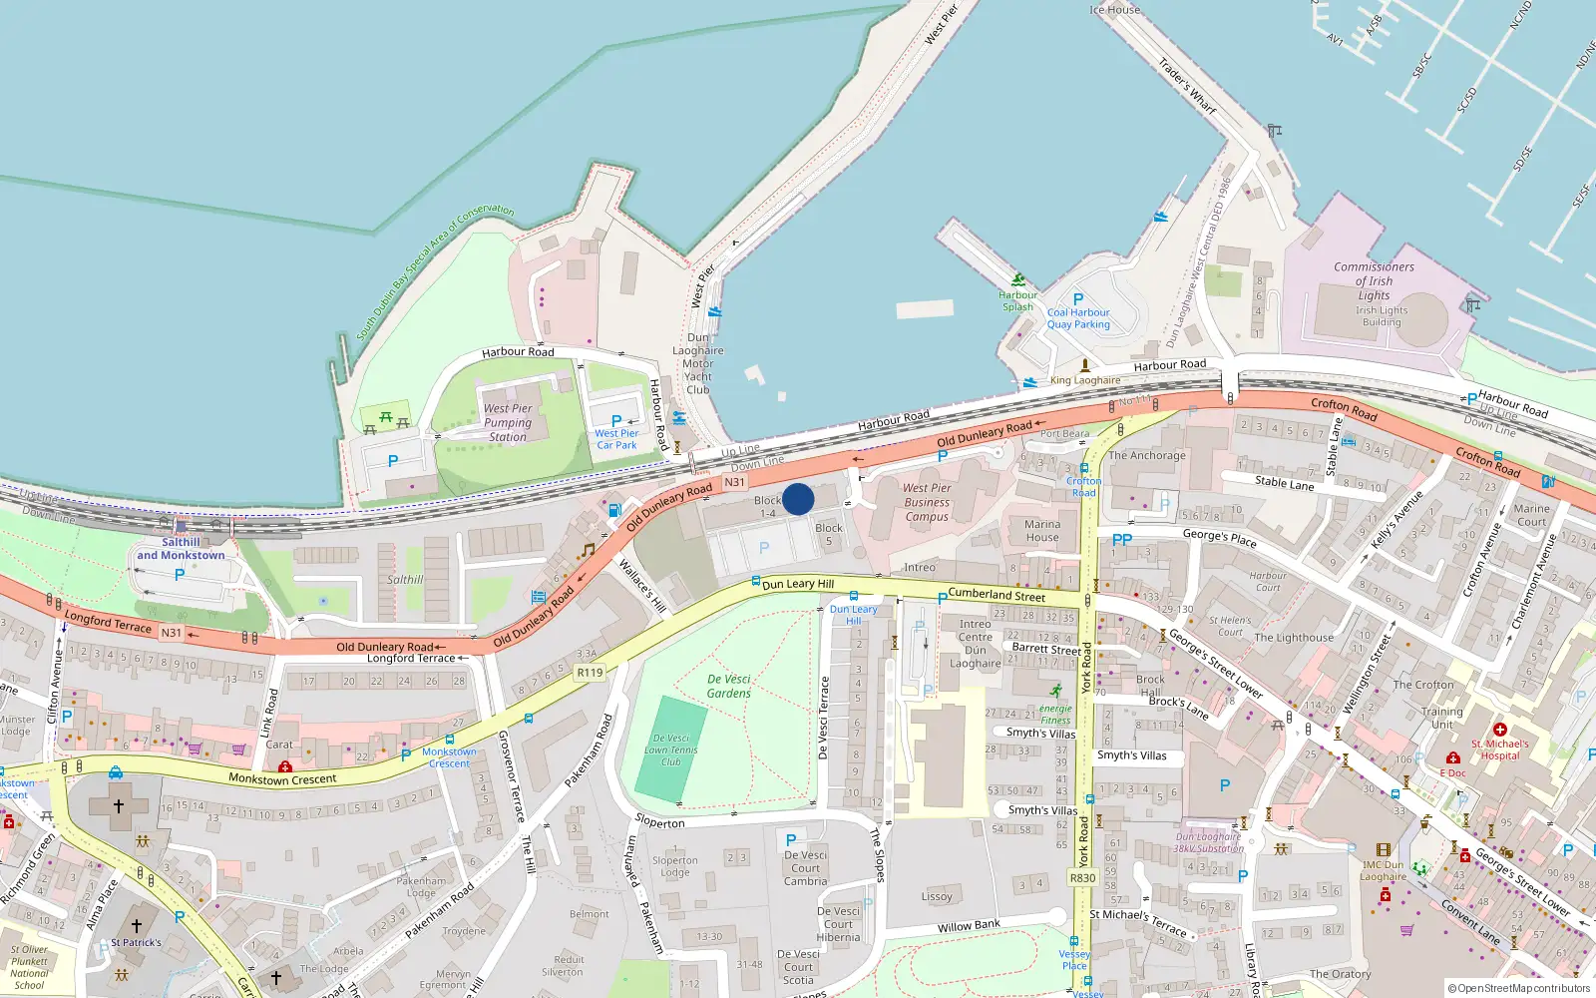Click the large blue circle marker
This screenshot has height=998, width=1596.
798,499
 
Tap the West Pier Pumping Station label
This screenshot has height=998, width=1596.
508,422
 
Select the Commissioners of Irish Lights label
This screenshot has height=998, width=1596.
1374,281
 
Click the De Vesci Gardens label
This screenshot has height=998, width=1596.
729,686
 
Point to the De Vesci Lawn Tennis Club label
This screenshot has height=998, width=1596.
670,749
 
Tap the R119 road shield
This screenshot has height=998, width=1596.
590,673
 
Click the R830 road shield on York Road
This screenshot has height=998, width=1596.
1082,878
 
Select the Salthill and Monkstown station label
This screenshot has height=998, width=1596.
181,549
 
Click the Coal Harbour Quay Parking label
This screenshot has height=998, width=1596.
1078,318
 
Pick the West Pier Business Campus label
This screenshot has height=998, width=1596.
927,502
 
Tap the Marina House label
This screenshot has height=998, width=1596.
1042,530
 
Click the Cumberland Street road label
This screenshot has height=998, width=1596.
997,595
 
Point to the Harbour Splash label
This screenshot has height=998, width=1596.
1017,300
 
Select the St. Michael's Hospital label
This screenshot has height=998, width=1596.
1499,749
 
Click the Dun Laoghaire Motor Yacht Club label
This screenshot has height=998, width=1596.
698,363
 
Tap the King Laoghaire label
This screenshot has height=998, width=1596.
1085,380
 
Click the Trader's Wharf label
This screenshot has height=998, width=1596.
1187,86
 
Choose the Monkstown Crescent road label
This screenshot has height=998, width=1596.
282,778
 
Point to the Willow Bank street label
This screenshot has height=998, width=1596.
968,927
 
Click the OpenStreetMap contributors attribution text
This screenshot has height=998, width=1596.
1518,988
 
